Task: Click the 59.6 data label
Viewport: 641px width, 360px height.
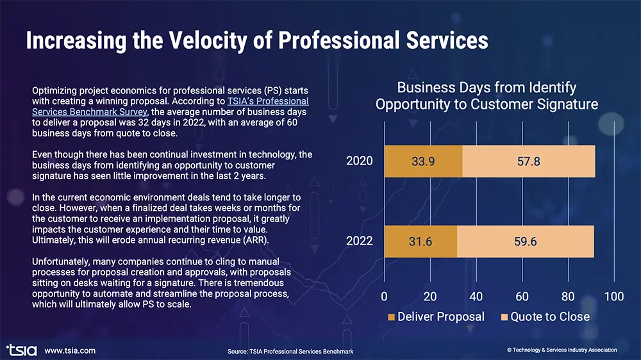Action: (526, 241)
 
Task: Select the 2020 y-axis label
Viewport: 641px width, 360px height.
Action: (360, 161)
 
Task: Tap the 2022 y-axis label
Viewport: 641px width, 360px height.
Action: (360, 241)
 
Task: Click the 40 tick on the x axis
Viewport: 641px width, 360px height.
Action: (476, 297)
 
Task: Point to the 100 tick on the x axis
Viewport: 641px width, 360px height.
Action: (614, 297)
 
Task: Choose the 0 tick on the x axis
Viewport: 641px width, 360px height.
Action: (384, 297)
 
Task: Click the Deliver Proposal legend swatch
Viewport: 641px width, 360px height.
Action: (390, 317)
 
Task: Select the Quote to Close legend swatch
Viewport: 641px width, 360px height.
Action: (503, 317)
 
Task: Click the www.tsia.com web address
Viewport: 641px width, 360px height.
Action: (70, 350)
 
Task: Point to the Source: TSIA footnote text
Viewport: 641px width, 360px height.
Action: (290, 351)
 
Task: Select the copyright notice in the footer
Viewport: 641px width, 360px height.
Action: (562, 350)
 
